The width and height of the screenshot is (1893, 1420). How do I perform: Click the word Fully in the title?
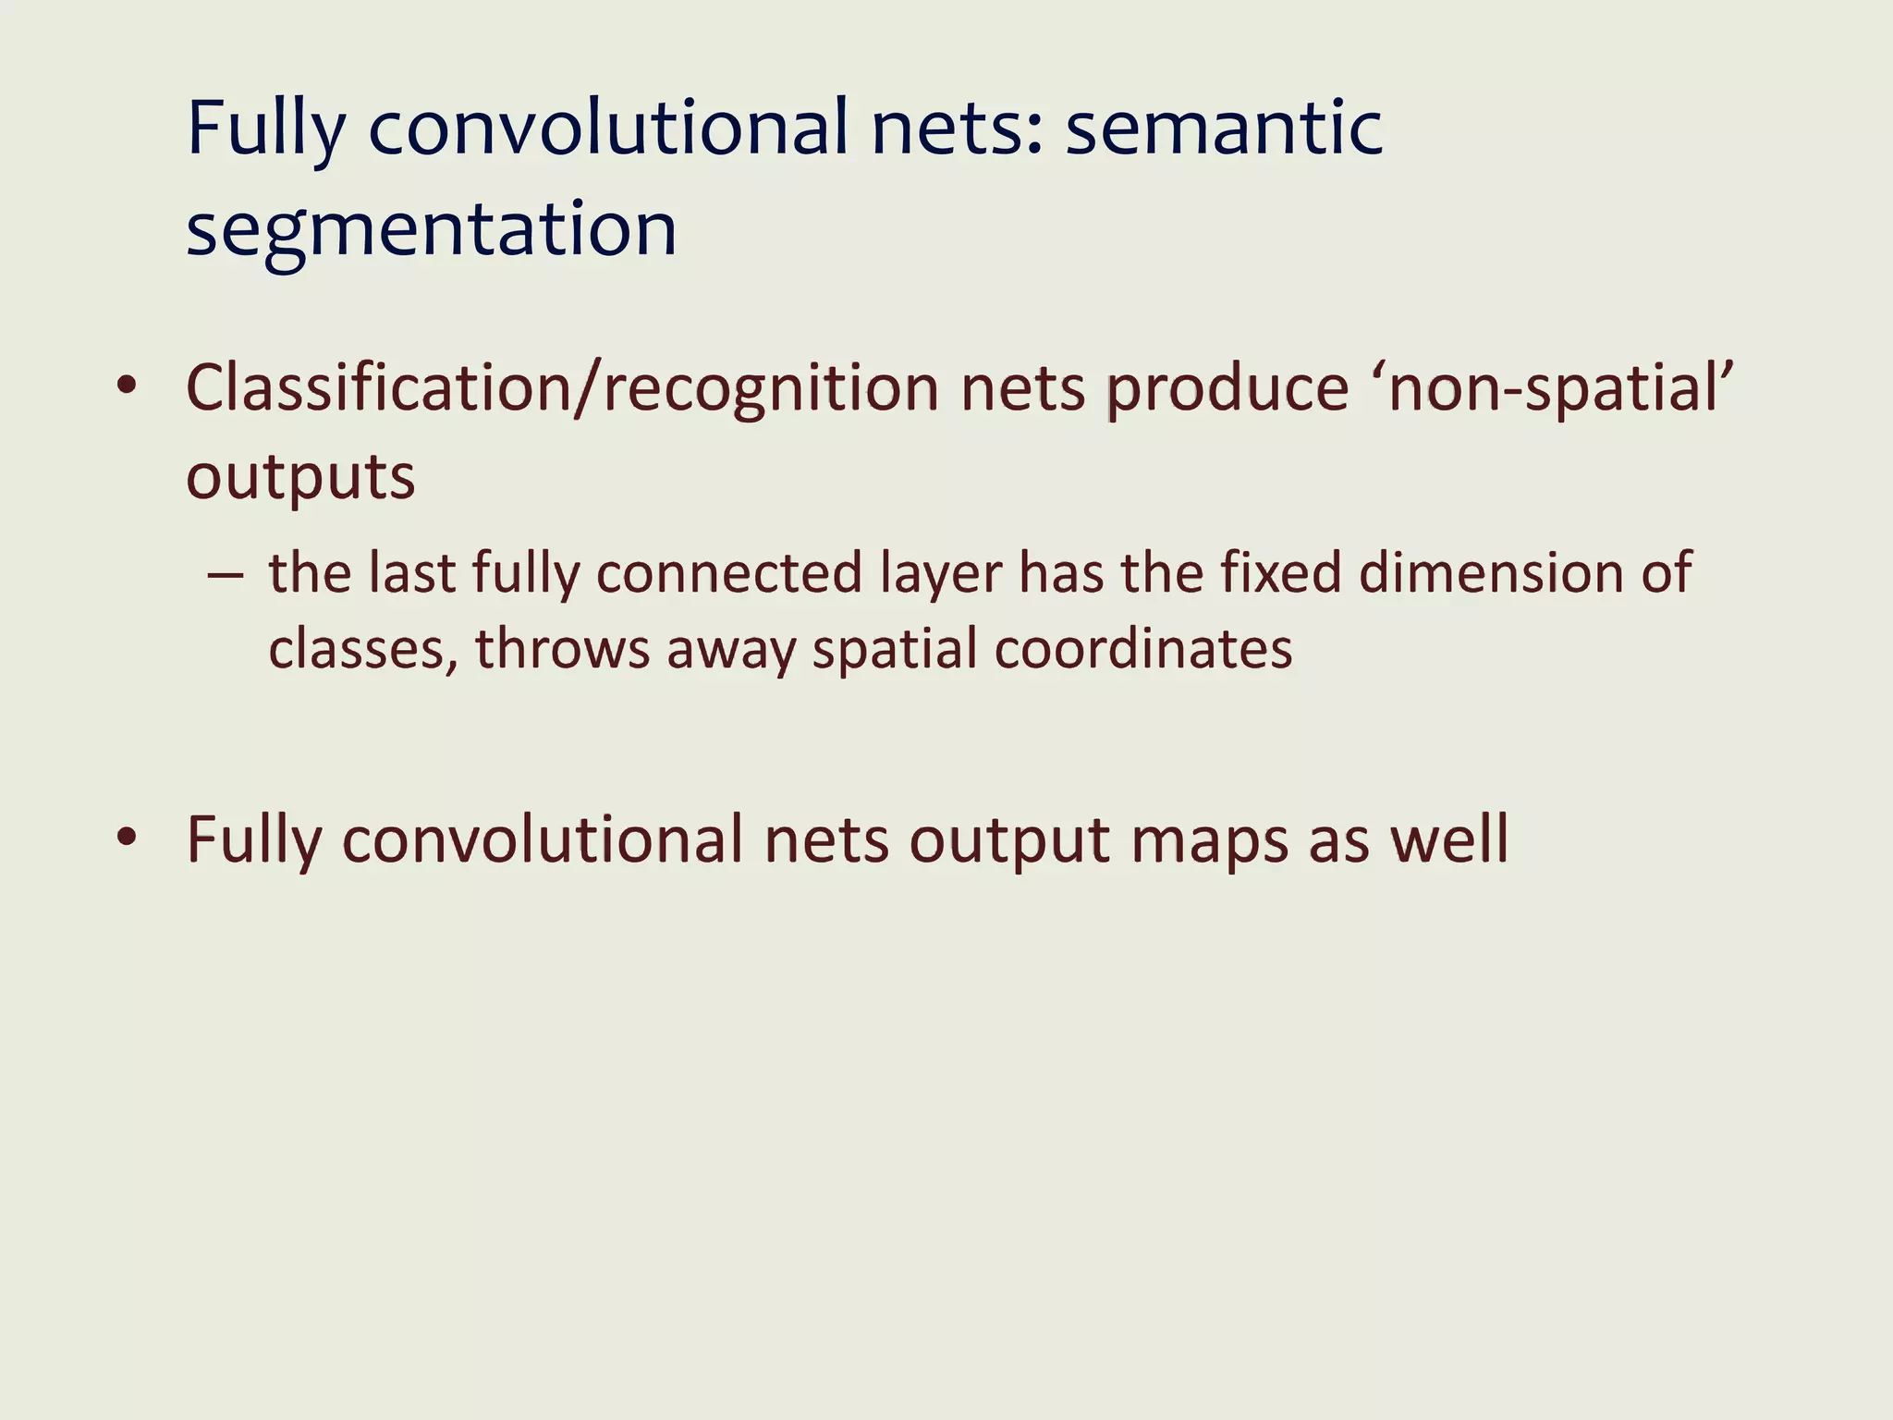(265, 129)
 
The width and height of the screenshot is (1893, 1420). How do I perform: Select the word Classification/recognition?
(562, 388)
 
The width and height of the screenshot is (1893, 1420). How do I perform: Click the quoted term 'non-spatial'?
(1558, 388)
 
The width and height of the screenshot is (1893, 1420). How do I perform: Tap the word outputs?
(300, 478)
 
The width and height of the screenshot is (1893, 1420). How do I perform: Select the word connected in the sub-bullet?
(729, 573)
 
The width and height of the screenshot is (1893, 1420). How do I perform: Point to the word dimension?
(1491, 572)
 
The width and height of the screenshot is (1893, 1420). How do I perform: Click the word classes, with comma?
(363, 649)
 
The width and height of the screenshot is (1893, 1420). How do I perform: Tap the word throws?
(563, 649)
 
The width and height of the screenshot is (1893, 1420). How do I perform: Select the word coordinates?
(1143, 649)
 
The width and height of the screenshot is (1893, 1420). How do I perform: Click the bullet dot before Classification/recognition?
(127, 386)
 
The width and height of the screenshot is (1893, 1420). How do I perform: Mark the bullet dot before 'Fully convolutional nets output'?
(127, 838)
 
